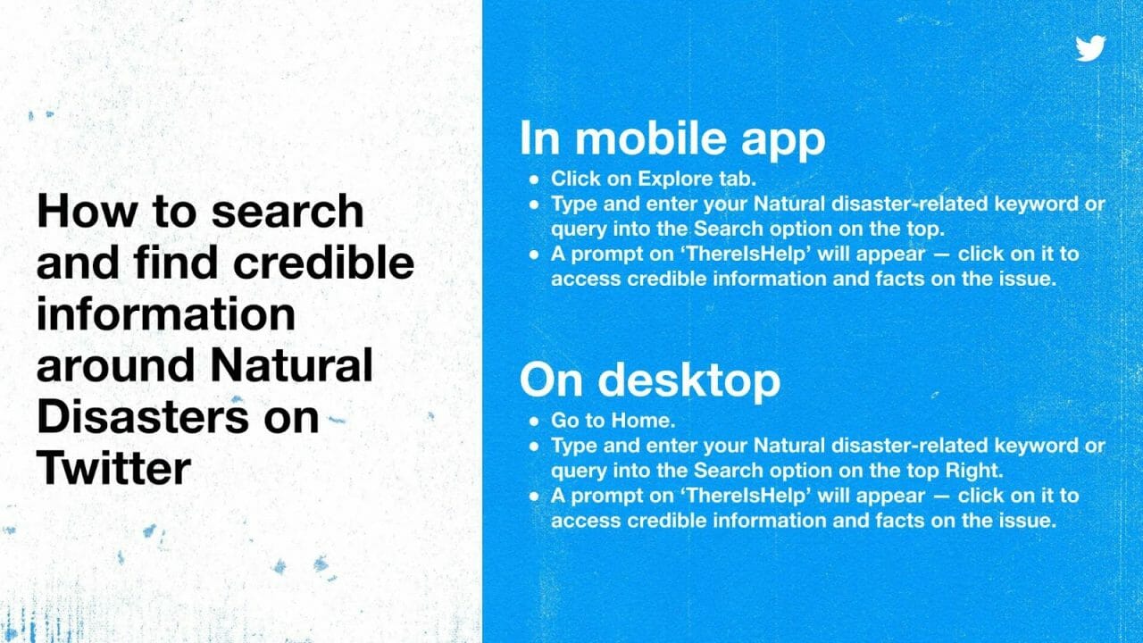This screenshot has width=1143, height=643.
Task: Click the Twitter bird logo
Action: (x=1090, y=48)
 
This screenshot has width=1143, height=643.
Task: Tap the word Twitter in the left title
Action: (x=113, y=467)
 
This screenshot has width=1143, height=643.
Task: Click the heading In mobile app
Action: (x=672, y=138)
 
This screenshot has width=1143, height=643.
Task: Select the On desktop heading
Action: (x=649, y=380)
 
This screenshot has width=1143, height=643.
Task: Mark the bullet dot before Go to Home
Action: (x=533, y=421)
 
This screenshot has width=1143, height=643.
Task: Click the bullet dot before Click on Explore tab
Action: (x=533, y=180)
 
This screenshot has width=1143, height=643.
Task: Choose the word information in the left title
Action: (x=165, y=313)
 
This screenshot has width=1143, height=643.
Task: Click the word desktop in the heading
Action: (x=688, y=380)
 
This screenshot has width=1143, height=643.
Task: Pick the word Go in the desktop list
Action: (x=564, y=420)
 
